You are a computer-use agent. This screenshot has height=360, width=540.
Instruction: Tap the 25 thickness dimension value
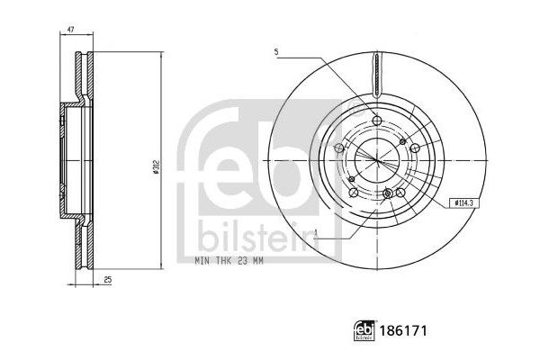pos(107,282)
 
